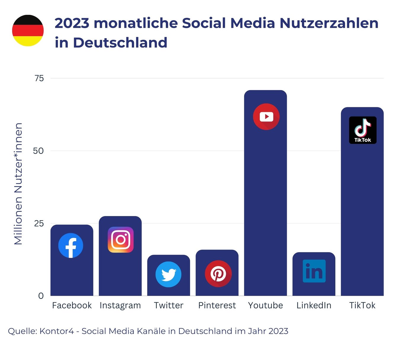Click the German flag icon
28,31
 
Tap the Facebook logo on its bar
71,245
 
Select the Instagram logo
120,239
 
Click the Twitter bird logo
168,274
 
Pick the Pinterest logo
218,273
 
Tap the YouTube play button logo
266,117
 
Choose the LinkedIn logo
314,271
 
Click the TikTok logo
363,130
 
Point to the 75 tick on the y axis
39,78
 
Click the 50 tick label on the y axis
38,151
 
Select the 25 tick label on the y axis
39,223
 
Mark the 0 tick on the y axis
41,296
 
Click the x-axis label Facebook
72,305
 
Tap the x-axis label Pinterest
217,305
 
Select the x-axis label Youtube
266,305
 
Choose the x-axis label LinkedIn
314,305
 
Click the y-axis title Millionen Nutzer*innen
18,184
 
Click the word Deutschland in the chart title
120,43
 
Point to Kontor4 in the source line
57,331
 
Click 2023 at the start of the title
72,23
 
